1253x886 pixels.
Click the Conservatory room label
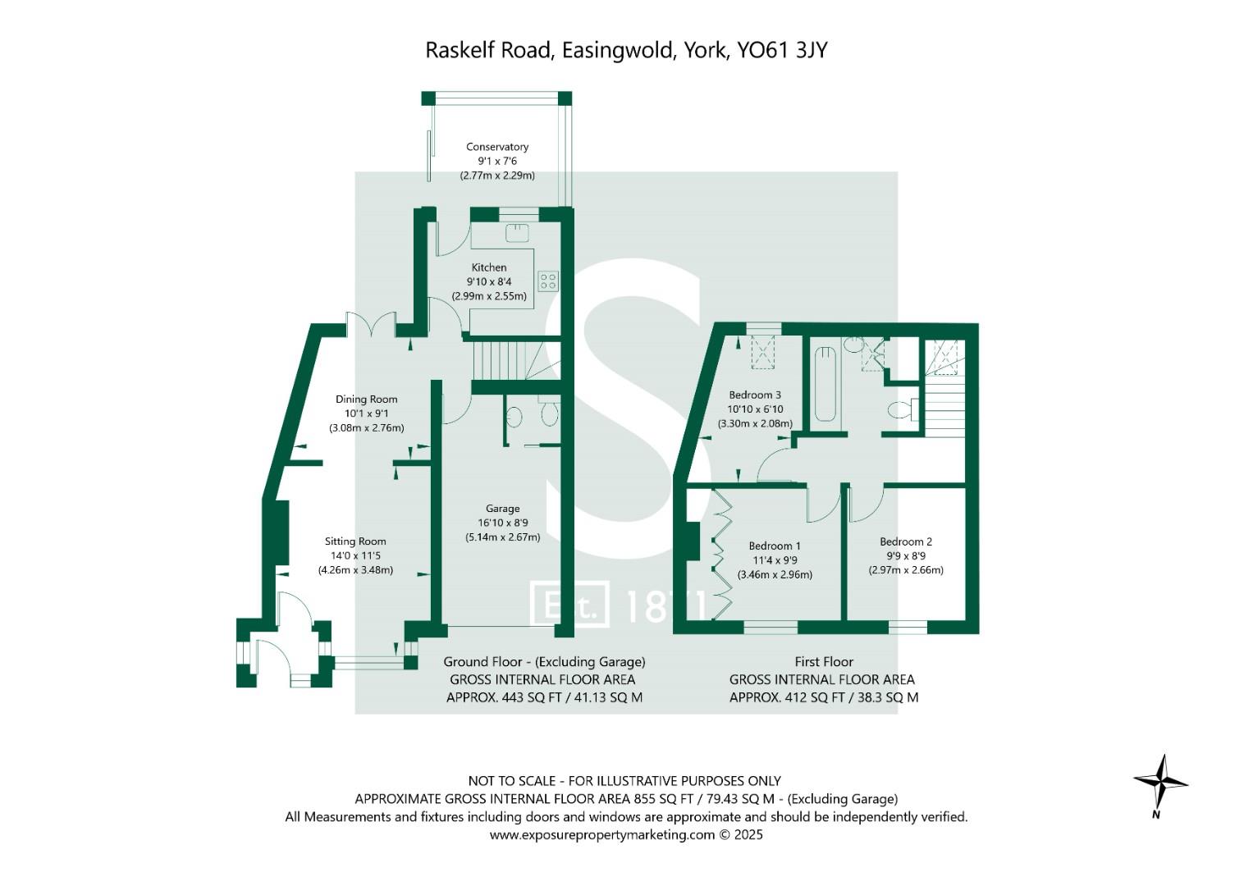pos(497,147)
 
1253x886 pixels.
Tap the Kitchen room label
pos(489,267)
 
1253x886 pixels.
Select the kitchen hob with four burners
pos(547,281)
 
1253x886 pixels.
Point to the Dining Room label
pos(366,400)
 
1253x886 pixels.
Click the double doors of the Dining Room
pos(372,325)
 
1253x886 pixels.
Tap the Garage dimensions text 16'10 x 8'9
pos(502,523)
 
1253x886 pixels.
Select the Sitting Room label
pos(355,541)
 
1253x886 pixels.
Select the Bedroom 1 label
pos(775,546)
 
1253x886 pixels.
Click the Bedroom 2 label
pos(906,541)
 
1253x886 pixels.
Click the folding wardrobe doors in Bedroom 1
pos(721,554)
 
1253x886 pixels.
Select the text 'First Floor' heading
pos(824,661)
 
